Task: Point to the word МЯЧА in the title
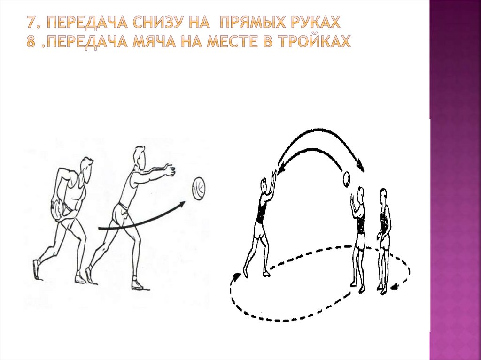(154, 41)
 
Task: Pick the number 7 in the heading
(31, 23)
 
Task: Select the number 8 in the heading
(31, 41)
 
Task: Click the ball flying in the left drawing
(199, 189)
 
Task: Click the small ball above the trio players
(347, 179)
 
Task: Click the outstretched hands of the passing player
(170, 170)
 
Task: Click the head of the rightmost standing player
(383, 196)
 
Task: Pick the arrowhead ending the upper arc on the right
(360, 167)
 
